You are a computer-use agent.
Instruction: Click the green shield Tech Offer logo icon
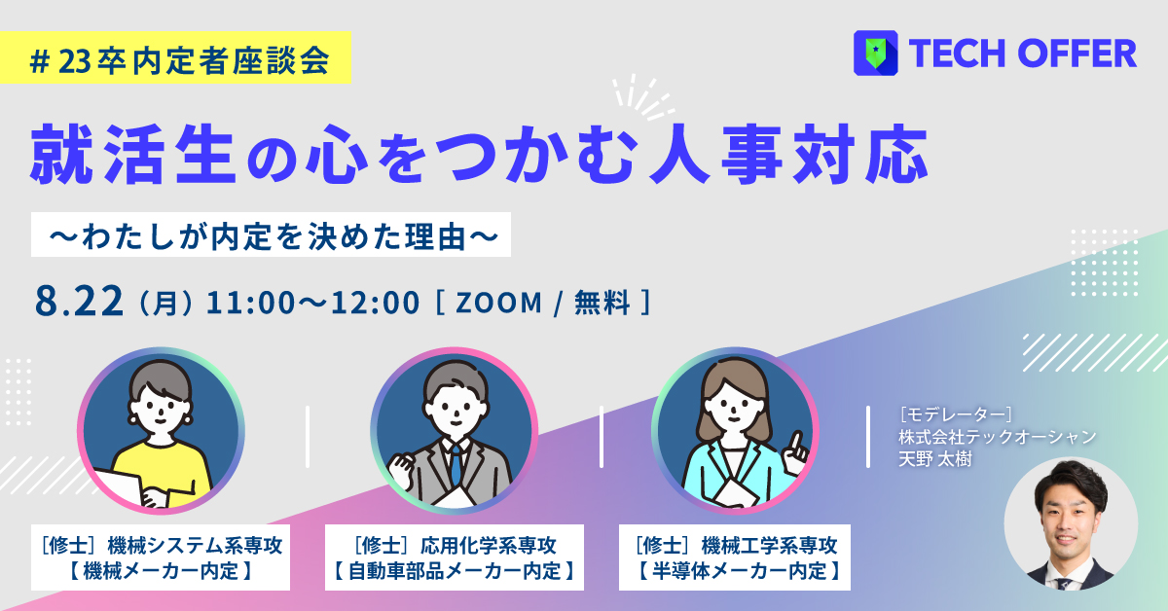click(875, 53)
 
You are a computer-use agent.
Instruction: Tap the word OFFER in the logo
click(1077, 54)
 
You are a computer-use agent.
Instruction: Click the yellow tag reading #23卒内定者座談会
click(175, 57)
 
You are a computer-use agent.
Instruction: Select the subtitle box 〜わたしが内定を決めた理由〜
click(271, 234)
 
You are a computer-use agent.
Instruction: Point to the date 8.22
click(79, 302)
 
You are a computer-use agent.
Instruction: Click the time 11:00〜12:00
click(312, 303)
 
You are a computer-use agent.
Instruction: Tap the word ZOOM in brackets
click(499, 303)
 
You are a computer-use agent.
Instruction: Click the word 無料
click(602, 303)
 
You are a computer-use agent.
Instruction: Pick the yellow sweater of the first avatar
click(162, 472)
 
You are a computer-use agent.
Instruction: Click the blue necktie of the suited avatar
click(456, 463)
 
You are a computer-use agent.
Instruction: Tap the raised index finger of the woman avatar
click(795, 443)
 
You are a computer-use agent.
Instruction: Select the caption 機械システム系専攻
click(195, 546)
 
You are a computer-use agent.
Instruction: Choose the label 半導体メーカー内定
click(740, 571)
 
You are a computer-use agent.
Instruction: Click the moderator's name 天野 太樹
click(935, 459)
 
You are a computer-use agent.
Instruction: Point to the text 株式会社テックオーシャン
click(998, 437)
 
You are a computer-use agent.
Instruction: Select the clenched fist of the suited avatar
click(400, 472)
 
